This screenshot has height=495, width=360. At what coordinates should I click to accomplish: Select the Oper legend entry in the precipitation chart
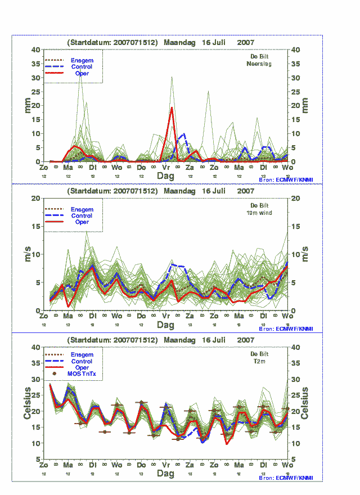pyautogui.click(x=82, y=74)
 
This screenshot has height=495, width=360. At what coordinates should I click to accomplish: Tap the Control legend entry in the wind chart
pyautogui.click(x=82, y=216)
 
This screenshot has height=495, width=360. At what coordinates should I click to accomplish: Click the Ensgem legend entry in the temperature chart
pyautogui.click(x=82, y=355)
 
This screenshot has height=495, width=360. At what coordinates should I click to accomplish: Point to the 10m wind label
pyautogui.click(x=260, y=213)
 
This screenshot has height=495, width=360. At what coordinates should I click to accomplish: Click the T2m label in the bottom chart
pyautogui.click(x=259, y=362)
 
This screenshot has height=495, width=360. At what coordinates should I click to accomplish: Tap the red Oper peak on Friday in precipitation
pyautogui.click(x=172, y=107)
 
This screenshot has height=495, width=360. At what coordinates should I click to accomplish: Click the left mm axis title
pyautogui.click(x=26, y=105)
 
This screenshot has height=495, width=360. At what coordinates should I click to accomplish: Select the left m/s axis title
pyautogui.click(x=26, y=254)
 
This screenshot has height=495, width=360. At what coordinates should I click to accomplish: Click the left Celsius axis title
pyautogui.click(x=26, y=403)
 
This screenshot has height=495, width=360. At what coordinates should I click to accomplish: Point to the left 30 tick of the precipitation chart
pyautogui.click(x=37, y=78)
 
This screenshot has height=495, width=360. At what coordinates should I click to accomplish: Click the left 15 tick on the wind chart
pyautogui.click(x=37, y=226)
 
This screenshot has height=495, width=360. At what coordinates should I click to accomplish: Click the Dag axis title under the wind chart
pyautogui.click(x=165, y=325)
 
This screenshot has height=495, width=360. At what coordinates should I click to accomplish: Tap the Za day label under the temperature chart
pyautogui.click(x=190, y=466)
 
